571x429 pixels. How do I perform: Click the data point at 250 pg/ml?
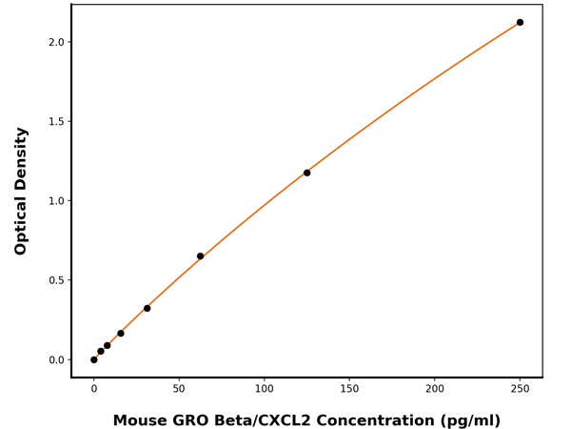point(520,22)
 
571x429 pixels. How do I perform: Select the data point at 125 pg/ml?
point(306,173)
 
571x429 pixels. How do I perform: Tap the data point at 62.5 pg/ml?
point(200,256)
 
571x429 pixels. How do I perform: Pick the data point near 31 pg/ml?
point(147,308)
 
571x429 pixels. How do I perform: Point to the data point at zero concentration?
point(93,359)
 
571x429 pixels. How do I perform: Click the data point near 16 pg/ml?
point(120,333)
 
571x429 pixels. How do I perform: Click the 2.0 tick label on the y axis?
point(54,42)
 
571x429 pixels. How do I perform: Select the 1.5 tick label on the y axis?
point(54,121)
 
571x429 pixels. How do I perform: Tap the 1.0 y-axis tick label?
point(54,201)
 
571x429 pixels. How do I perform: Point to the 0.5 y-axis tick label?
point(54,280)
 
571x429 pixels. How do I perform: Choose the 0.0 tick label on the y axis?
point(54,359)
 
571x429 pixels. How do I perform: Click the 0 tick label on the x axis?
point(93,389)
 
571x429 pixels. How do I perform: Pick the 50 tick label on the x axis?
point(179,389)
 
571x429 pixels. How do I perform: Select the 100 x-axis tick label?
point(264,389)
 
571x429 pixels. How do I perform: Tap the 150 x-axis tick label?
point(349,389)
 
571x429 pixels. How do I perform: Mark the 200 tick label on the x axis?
point(434,389)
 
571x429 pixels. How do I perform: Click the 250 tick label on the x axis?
point(520,389)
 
